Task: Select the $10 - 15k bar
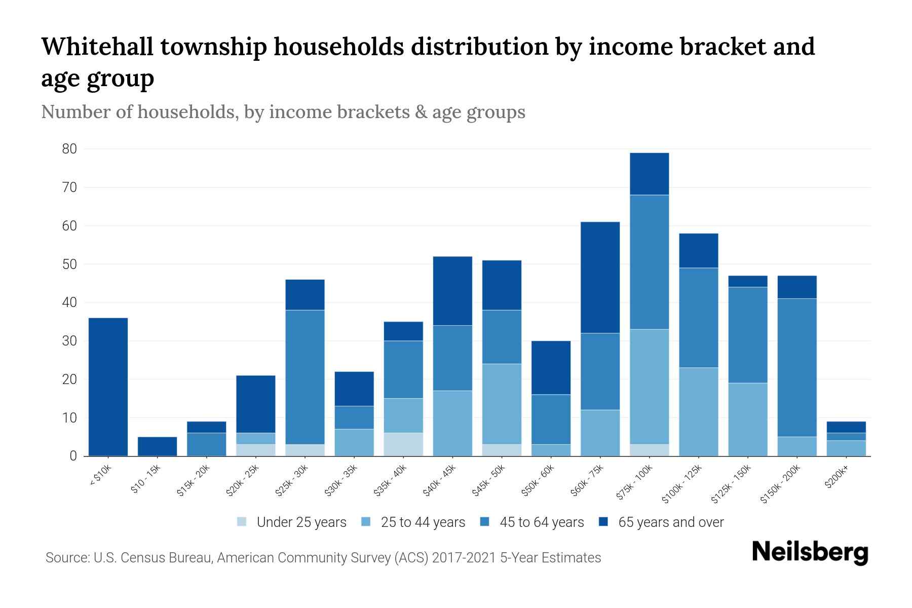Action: pos(157,446)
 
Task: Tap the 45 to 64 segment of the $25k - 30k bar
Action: pos(305,377)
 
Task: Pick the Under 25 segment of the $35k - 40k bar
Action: pos(403,444)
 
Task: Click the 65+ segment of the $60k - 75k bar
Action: pos(600,277)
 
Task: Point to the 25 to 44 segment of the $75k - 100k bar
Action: pos(649,387)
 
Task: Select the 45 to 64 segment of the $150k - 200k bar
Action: pos(796,367)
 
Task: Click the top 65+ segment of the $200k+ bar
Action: pos(846,427)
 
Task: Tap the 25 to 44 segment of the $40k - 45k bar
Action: pos(452,423)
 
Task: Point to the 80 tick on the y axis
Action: pos(69,149)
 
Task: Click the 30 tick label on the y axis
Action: pos(69,341)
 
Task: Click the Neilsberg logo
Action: pos(810,552)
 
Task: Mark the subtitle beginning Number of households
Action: pos(283,112)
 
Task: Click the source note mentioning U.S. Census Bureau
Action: pos(323,558)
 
